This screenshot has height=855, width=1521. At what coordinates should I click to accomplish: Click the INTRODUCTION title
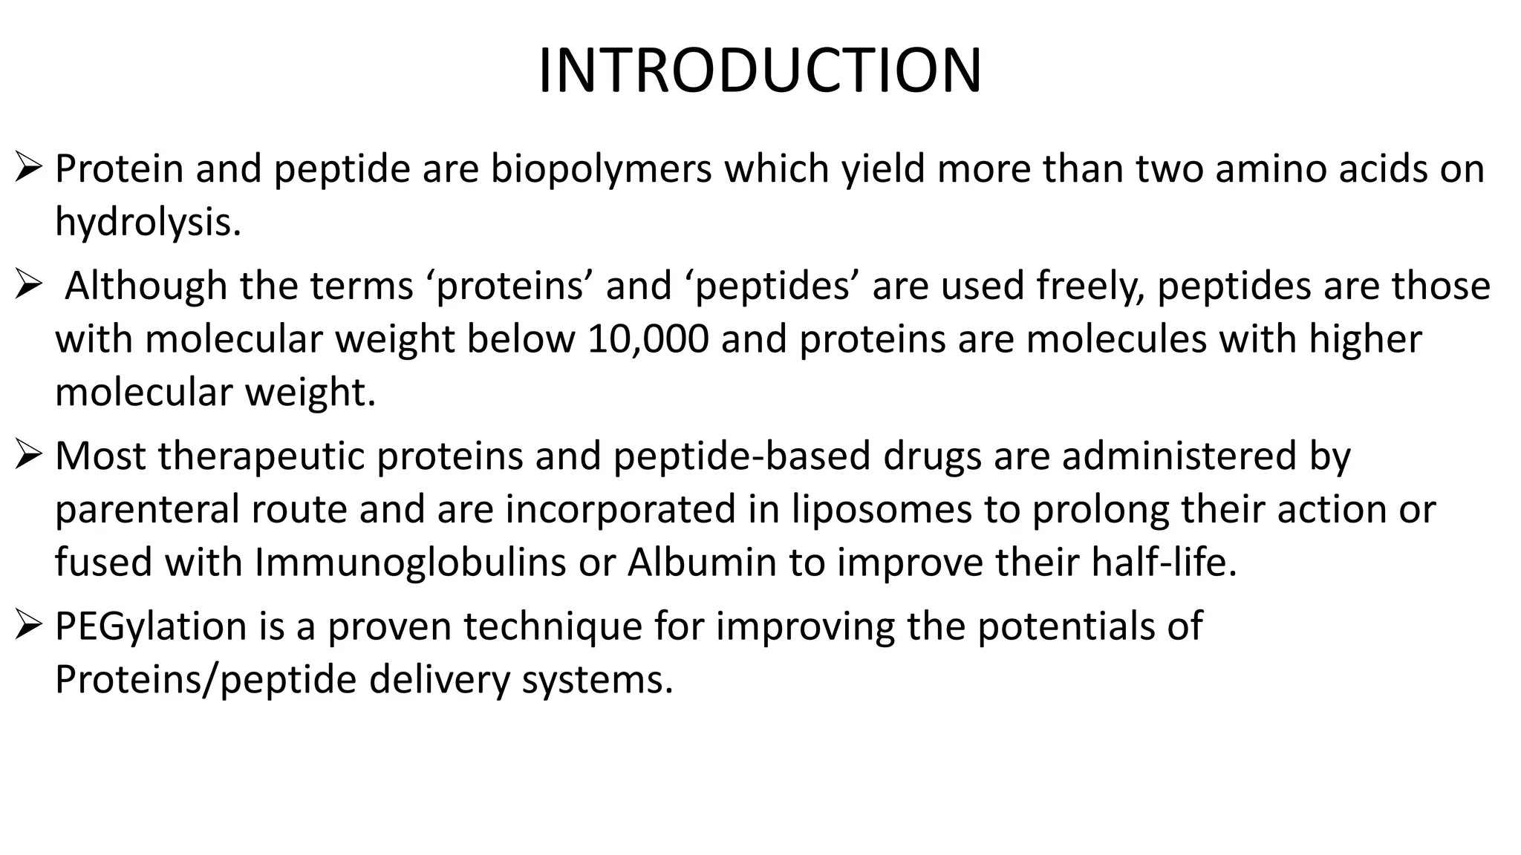tap(760, 71)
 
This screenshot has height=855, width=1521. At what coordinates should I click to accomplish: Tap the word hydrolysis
tap(147, 222)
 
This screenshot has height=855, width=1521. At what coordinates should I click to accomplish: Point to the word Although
tap(146, 286)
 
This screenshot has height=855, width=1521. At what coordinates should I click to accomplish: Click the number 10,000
tap(648, 339)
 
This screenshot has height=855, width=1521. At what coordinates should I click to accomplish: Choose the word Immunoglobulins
tap(410, 563)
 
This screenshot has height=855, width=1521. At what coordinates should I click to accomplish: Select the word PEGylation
tap(151, 626)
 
